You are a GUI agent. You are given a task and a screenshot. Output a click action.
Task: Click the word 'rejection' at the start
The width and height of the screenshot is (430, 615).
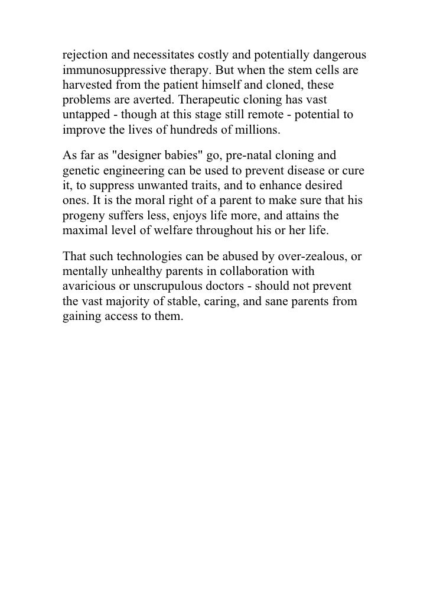(x=83, y=56)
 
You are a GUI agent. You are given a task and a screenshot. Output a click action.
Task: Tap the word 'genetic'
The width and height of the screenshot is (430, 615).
(x=80, y=171)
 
